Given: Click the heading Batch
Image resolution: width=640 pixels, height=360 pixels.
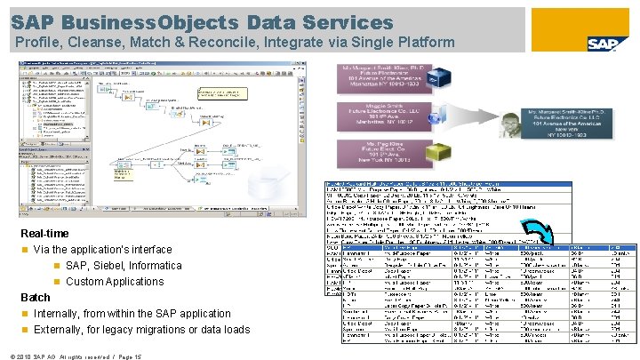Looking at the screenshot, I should point(36,297).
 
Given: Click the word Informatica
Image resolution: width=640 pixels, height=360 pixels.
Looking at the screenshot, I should point(159,266).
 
